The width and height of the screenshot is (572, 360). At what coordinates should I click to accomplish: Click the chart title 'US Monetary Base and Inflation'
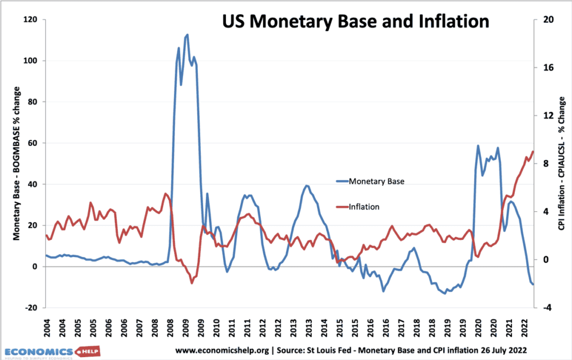[x=355, y=22]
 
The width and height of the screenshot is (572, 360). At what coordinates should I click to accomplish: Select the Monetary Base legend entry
[x=376, y=181]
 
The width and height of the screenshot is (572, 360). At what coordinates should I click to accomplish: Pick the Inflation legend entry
[x=364, y=207]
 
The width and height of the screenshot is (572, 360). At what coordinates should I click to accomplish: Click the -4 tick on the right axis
[x=546, y=308]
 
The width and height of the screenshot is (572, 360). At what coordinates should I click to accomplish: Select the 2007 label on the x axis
[x=137, y=331]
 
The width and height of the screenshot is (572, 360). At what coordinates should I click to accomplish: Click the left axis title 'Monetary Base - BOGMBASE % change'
[x=17, y=164]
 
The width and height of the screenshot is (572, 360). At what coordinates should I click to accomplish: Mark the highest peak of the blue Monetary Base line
[x=187, y=35]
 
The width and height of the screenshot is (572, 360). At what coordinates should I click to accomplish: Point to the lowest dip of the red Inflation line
[x=192, y=283]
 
